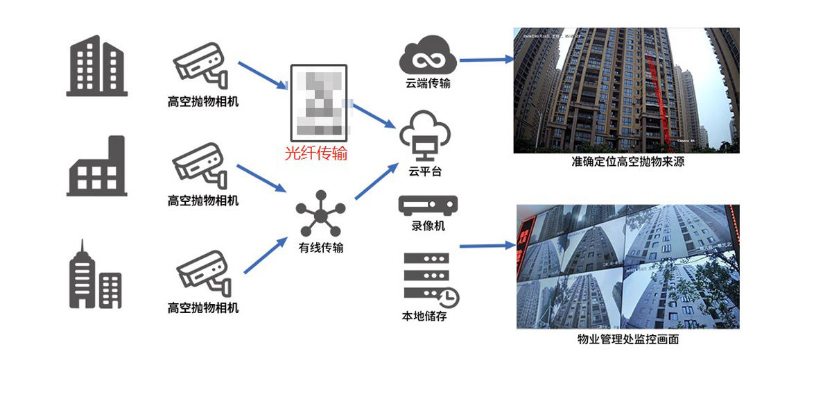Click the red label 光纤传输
coord(316,153)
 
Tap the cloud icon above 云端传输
coord(428,56)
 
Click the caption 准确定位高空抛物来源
coord(626,162)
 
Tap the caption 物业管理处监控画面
coord(627,339)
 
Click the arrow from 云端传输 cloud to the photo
coord(485,60)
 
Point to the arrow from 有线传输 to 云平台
coord(378,181)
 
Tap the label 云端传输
coord(428,84)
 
